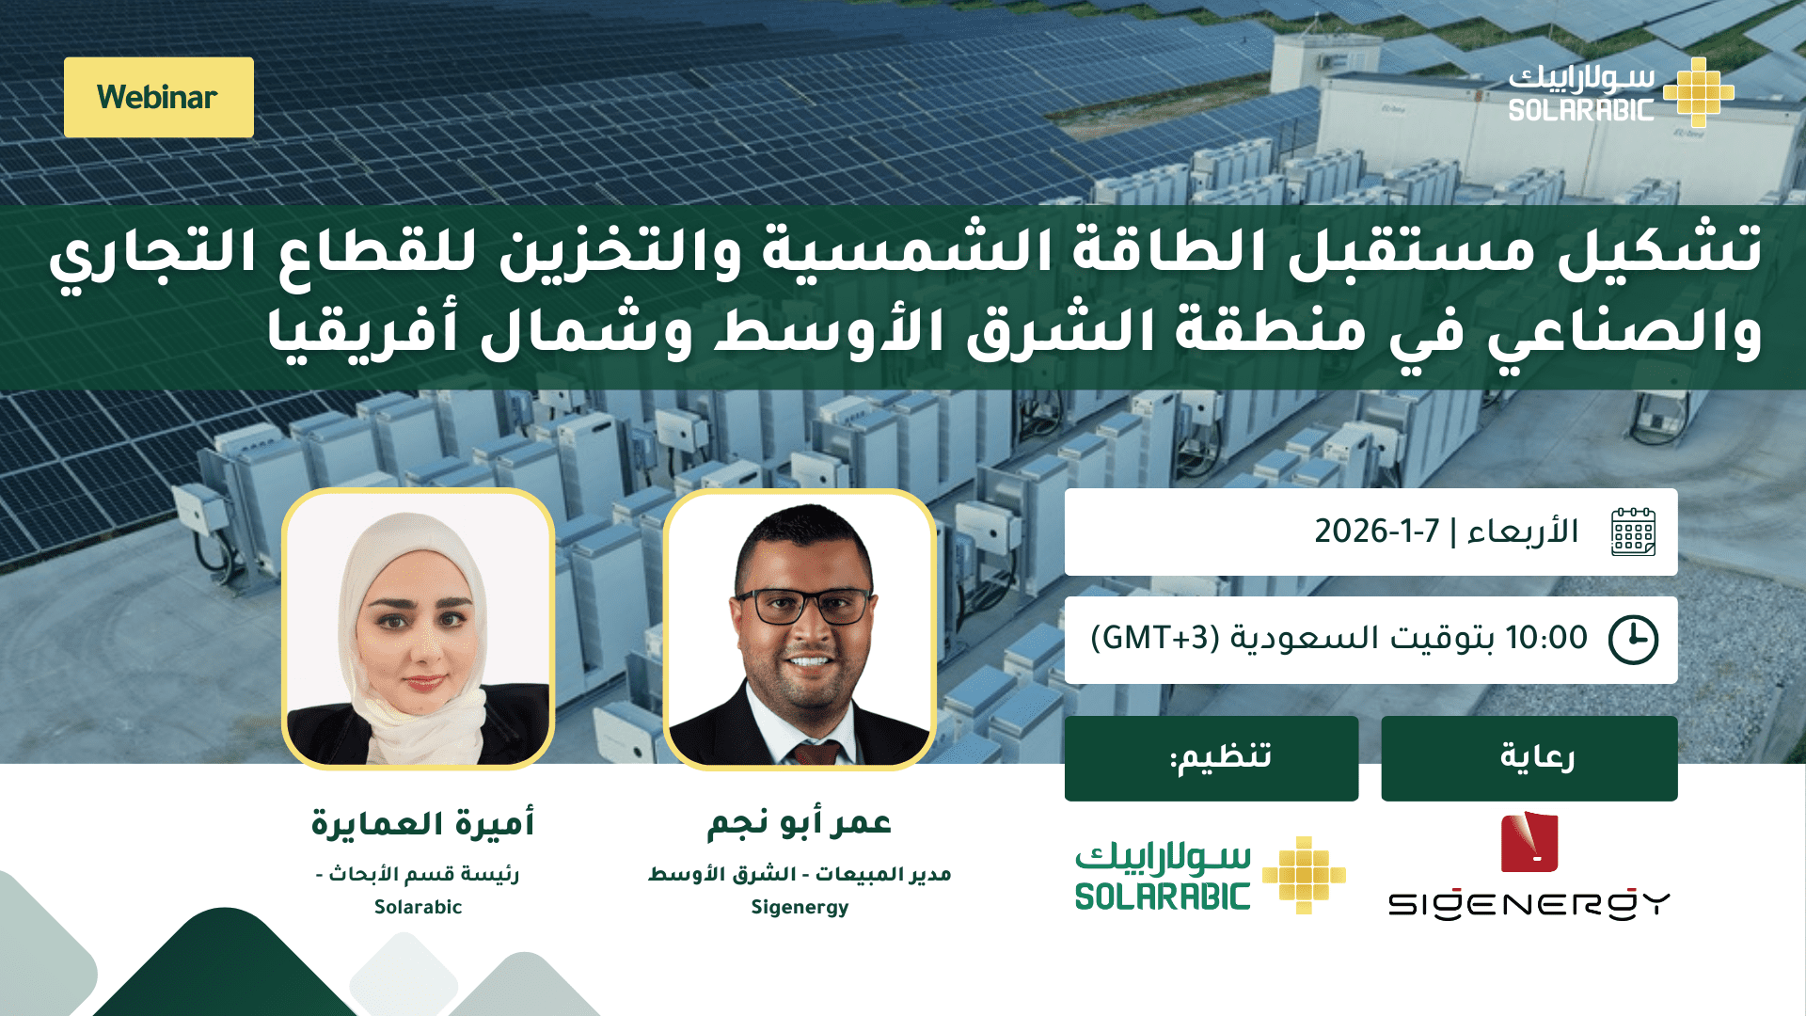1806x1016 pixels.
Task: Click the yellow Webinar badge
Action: [x=159, y=97]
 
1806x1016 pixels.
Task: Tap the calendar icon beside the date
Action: [x=1633, y=532]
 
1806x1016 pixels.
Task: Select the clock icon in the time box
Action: [x=1633, y=640]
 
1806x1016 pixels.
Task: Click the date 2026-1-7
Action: [x=1377, y=532]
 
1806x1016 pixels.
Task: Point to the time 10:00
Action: [x=1546, y=638]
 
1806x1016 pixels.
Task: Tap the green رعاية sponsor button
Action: [x=1529, y=758]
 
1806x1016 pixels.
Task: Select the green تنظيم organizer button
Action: [x=1212, y=758]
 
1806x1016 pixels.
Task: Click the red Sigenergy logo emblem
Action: [x=1529, y=842]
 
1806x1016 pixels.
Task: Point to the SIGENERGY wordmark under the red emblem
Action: [x=1529, y=904]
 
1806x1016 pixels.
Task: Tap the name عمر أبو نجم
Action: [x=800, y=823]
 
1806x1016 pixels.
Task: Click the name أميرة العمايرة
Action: [x=423, y=823]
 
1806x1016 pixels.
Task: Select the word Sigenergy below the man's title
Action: [x=800, y=908]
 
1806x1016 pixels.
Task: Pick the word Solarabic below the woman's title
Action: [x=419, y=907]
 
